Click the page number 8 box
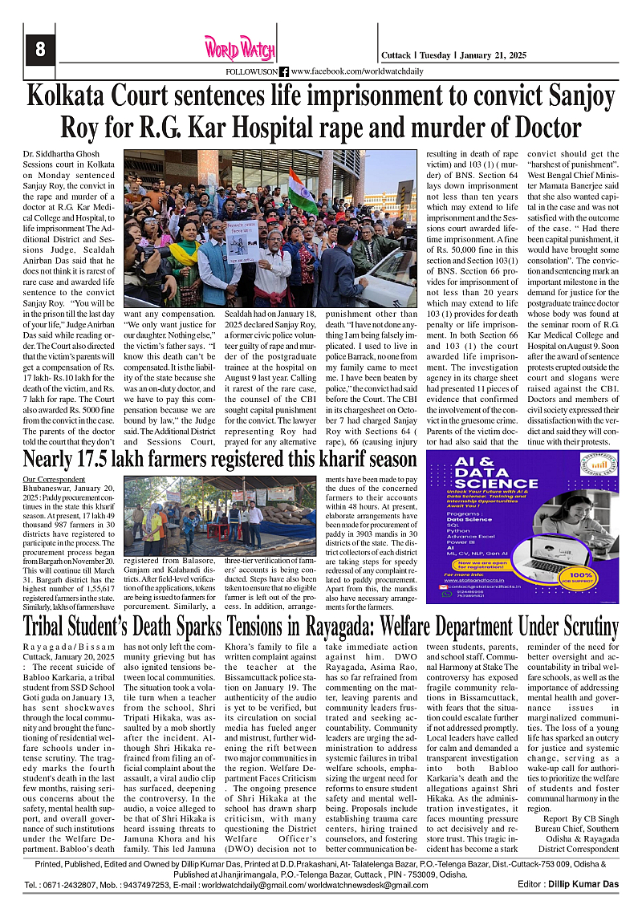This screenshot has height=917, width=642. tap(39, 50)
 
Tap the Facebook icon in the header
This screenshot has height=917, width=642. tap(284, 71)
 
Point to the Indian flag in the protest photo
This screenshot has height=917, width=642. tap(303, 187)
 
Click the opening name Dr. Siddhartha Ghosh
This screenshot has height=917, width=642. tap(58, 153)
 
